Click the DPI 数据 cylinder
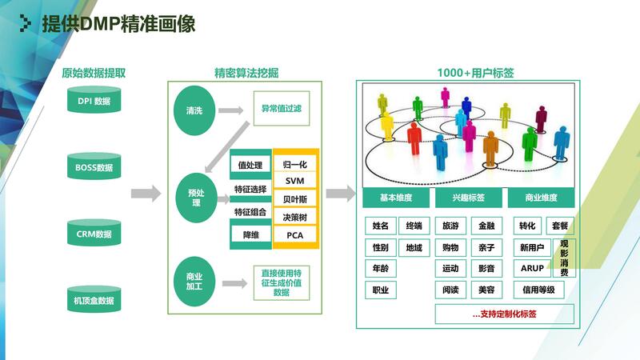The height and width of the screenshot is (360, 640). click(94, 102)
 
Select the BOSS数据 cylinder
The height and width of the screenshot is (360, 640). click(94, 168)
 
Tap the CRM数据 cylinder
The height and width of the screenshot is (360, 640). click(94, 234)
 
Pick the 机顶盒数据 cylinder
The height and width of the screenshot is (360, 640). click(94, 301)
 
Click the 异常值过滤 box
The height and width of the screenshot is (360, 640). click(281, 108)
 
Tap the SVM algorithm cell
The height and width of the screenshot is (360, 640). click(295, 181)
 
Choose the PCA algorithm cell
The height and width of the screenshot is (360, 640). click(295, 235)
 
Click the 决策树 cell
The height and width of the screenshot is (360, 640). click(295, 217)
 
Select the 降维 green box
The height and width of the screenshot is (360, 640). click(250, 235)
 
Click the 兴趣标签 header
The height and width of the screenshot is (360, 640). click(469, 198)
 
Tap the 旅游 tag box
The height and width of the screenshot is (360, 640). click(450, 226)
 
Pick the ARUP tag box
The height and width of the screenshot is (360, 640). click(532, 268)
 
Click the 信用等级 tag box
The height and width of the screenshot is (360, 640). click(538, 290)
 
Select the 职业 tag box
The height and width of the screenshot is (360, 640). click(381, 290)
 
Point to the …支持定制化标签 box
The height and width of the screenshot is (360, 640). click(504, 314)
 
